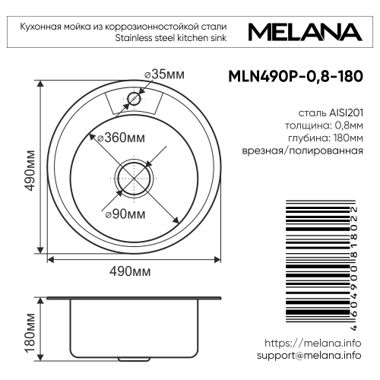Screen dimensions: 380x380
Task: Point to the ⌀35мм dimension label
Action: [163, 74]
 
